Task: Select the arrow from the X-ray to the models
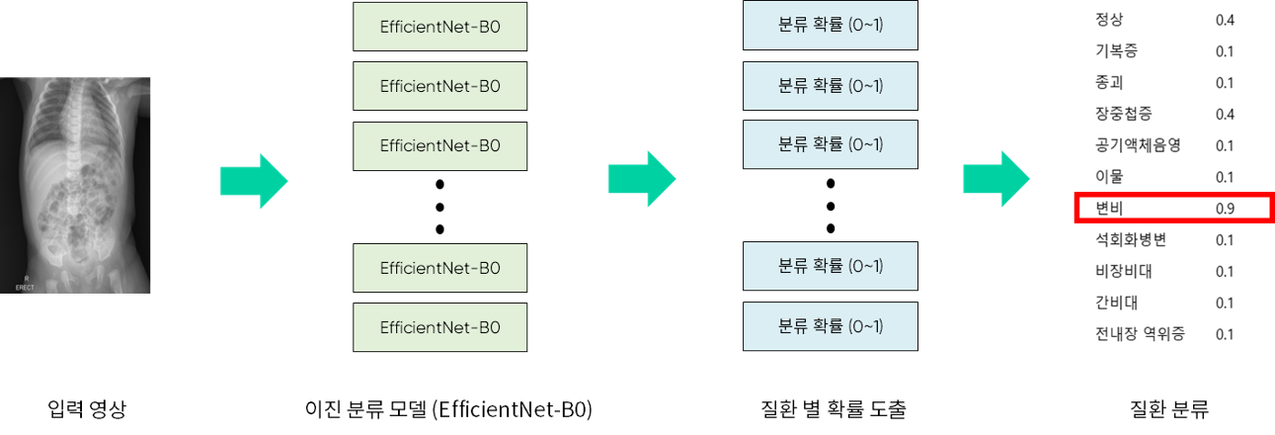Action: click(253, 181)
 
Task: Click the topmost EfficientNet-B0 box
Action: click(439, 27)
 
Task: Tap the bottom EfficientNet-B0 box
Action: click(439, 327)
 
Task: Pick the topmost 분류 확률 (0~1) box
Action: click(831, 27)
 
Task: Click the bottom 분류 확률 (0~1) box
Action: click(831, 326)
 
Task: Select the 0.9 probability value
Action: click(1225, 209)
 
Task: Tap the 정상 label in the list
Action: click(1109, 20)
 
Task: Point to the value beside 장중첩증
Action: click(1225, 114)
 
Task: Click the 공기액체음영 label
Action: click(1138, 145)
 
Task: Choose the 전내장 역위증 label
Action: click(1137, 334)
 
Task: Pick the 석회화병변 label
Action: click(1131, 240)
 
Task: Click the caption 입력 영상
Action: click(87, 407)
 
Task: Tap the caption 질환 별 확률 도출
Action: click(834, 407)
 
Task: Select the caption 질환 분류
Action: click(1168, 407)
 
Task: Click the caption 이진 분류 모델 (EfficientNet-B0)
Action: click(449, 407)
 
